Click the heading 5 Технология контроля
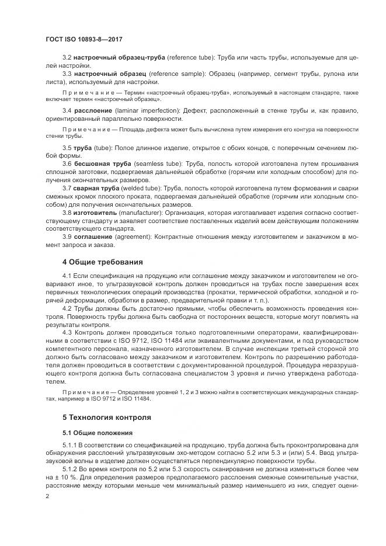pos(107,418)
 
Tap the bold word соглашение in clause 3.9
pos(93,237)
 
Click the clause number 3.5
pos(67,148)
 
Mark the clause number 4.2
pos(67,306)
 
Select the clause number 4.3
pos(67,330)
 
